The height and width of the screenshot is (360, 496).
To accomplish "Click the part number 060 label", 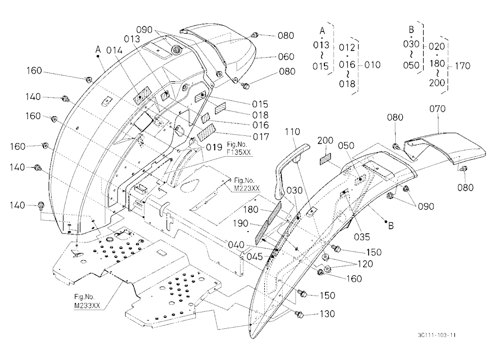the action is tap(286, 57).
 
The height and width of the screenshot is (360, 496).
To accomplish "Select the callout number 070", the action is tap(437, 109).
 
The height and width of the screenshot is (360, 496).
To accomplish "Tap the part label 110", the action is tap(292, 131).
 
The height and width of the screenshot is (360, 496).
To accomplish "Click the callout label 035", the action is tap(362, 237).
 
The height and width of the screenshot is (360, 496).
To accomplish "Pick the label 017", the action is tap(261, 137).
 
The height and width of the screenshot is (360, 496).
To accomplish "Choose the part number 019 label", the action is tap(214, 147).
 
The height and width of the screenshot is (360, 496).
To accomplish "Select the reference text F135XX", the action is tap(239, 152).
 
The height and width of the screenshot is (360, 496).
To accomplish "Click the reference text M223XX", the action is tap(247, 188).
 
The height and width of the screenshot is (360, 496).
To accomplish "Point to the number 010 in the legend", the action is tap(372, 65).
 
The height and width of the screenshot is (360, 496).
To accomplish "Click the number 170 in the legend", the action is tap(462, 66).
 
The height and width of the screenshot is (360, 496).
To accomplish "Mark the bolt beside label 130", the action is tap(299, 314).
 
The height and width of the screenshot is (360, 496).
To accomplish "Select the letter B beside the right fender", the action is tap(391, 226).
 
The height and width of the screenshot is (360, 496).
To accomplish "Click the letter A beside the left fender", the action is tap(98, 50).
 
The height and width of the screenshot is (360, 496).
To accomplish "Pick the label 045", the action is tap(254, 256).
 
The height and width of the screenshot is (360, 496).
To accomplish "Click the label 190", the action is tap(241, 223).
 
